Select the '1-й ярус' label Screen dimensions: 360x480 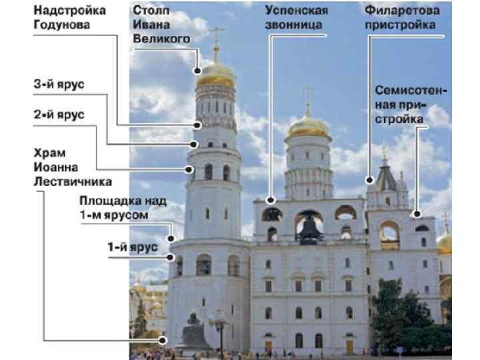click(133, 247)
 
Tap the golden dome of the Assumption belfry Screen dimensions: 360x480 click(307, 127)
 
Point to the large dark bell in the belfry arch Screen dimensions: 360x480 click(309, 228)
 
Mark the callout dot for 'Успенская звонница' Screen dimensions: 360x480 click(271, 199)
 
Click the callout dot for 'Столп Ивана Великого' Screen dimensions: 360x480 click(198, 70)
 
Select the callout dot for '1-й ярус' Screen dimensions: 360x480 click(171, 257)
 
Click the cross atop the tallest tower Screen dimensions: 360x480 click(217, 35)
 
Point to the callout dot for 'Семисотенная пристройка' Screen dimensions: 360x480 click(417, 215)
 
